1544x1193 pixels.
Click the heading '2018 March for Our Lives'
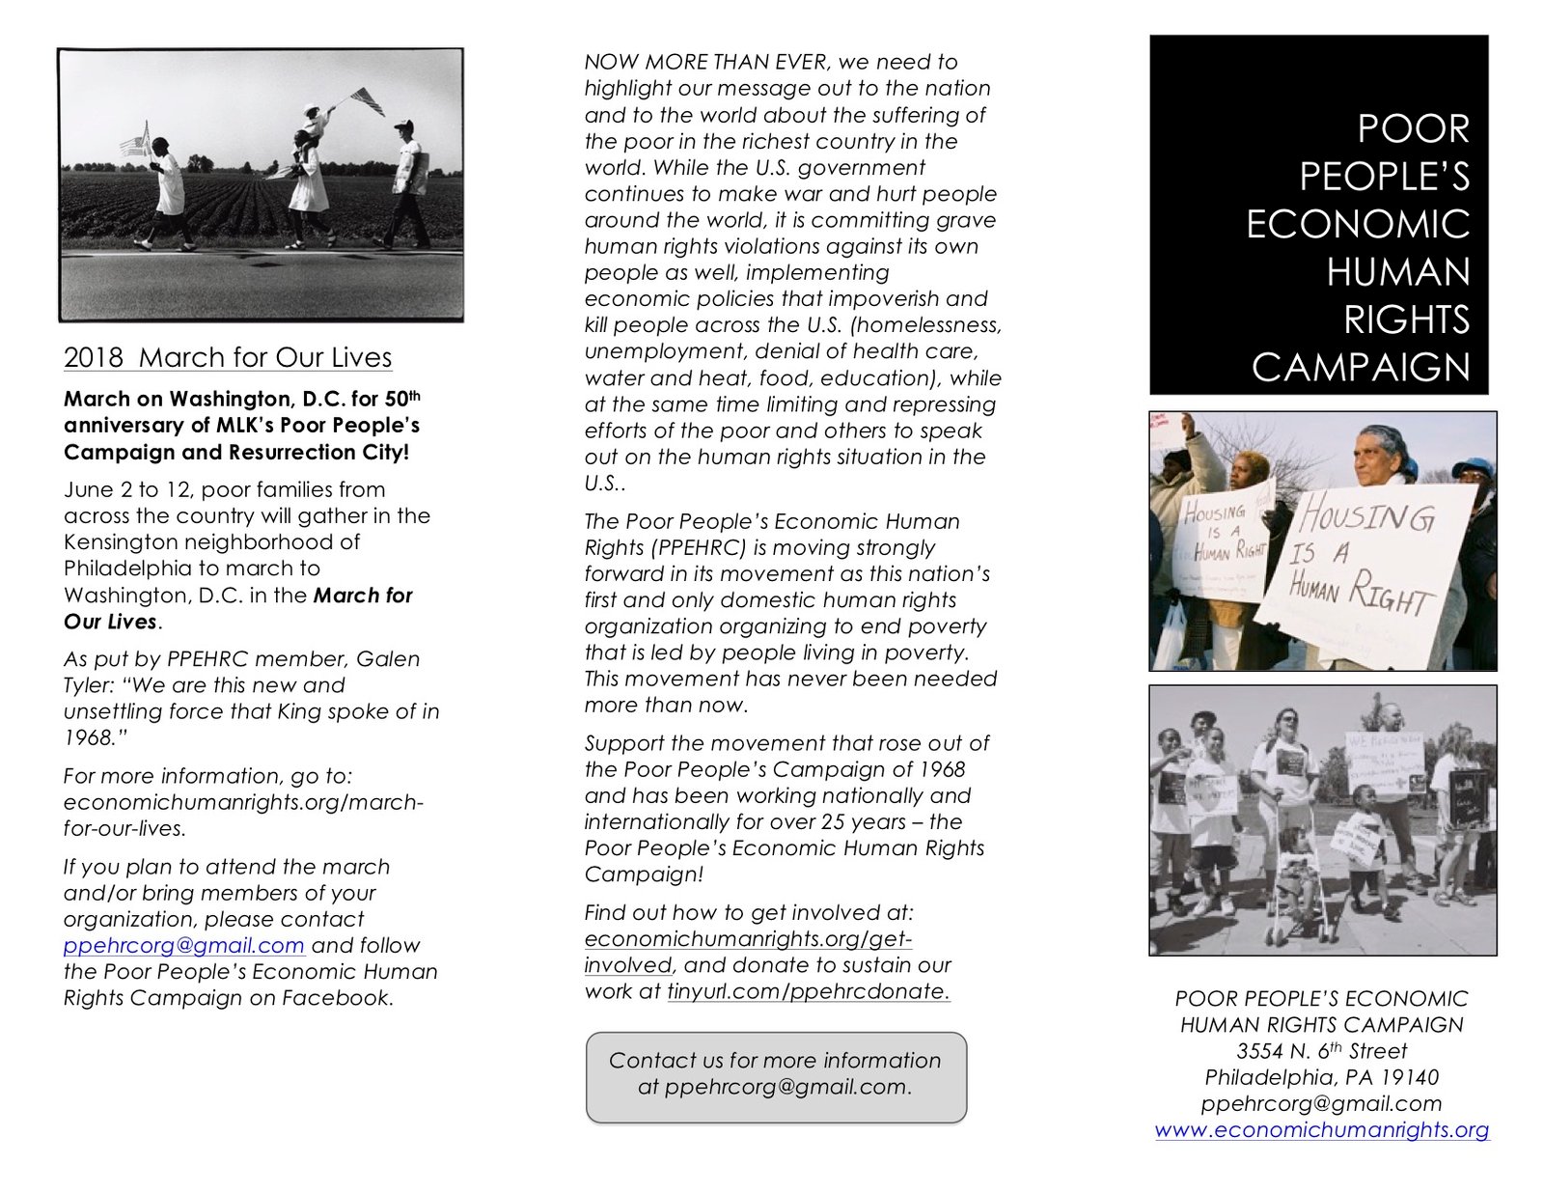(x=228, y=357)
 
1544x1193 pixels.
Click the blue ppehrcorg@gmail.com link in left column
(x=183, y=946)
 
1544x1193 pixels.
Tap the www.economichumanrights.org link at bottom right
(x=1321, y=1130)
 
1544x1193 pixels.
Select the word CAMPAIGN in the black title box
(x=1361, y=368)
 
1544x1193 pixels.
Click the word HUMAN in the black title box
(x=1397, y=272)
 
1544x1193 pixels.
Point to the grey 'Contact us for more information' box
(x=776, y=1077)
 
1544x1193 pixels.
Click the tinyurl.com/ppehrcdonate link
(x=808, y=991)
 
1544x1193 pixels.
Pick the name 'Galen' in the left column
(x=388, y=659)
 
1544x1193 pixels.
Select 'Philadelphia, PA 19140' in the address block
(x=1321, y=1077)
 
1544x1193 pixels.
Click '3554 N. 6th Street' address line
(x=1321, y=1051)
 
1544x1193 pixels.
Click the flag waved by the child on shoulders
(x=367, y=98)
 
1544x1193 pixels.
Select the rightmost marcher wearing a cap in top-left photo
(x=407, y=183)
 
